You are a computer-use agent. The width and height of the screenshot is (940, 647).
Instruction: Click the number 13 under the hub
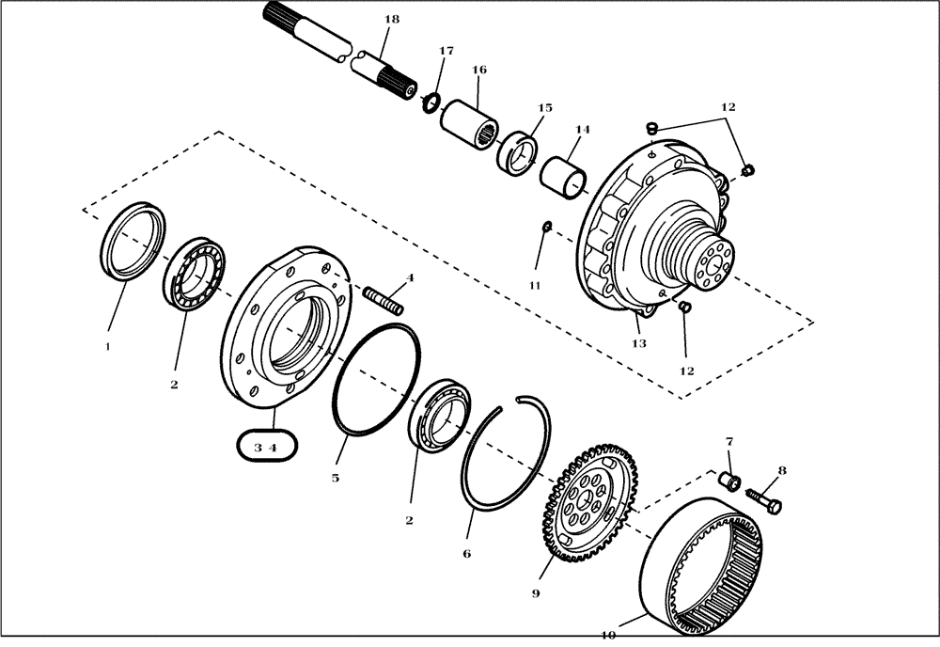tap(638, 344)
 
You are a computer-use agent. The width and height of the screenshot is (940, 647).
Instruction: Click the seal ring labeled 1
tap(133, 241)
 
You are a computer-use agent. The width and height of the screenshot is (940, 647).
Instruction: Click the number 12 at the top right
tap(728, 108)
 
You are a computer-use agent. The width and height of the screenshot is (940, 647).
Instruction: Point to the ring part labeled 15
tap(519, 153)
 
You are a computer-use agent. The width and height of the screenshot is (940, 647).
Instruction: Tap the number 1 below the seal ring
tap(107, 346)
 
